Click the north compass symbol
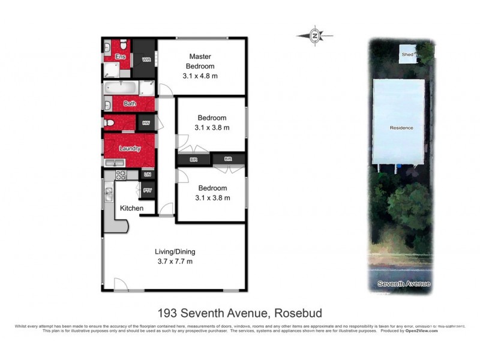click(315, 36)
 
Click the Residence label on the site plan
click(401, 128)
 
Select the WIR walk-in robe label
click(146, 60)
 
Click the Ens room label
click(119, 57)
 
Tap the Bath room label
click(130, 104)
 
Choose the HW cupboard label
click(146, 123)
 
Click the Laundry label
click(130, 148)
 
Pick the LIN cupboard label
click(147, 175)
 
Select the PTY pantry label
click(147, 191)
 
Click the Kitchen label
click(131, 208)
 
